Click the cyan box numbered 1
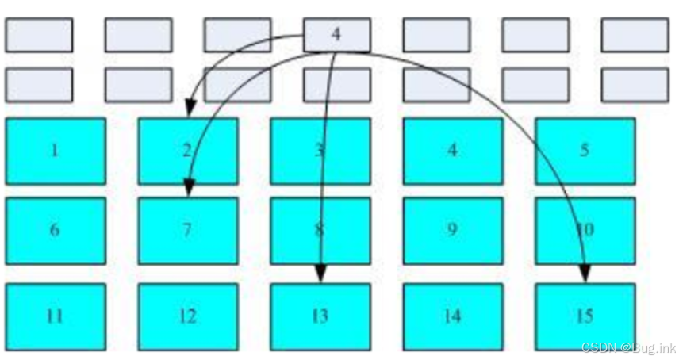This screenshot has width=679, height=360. [55, 151]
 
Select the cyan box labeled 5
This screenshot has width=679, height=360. [585, 151]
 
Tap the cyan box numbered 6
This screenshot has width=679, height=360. [55, 230]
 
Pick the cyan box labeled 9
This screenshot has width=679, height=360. [452, 230]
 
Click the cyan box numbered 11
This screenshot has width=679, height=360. [55, 316]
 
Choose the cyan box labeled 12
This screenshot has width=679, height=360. [187, 316]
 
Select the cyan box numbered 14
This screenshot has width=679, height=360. [452, 316]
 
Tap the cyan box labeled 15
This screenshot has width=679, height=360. [585, 316]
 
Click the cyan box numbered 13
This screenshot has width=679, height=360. [320, 316]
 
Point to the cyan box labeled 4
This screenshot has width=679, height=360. [452, 151]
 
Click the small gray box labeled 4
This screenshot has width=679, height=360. [336, 35]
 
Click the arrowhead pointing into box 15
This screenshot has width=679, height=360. [585, 274]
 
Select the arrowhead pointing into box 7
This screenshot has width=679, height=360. [189, 188]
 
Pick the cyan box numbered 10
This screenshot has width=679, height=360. [585, 230]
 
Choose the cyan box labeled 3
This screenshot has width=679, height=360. [320, 151]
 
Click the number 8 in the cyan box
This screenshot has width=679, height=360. [319, 230]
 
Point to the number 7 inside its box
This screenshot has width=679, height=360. [187, 230]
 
